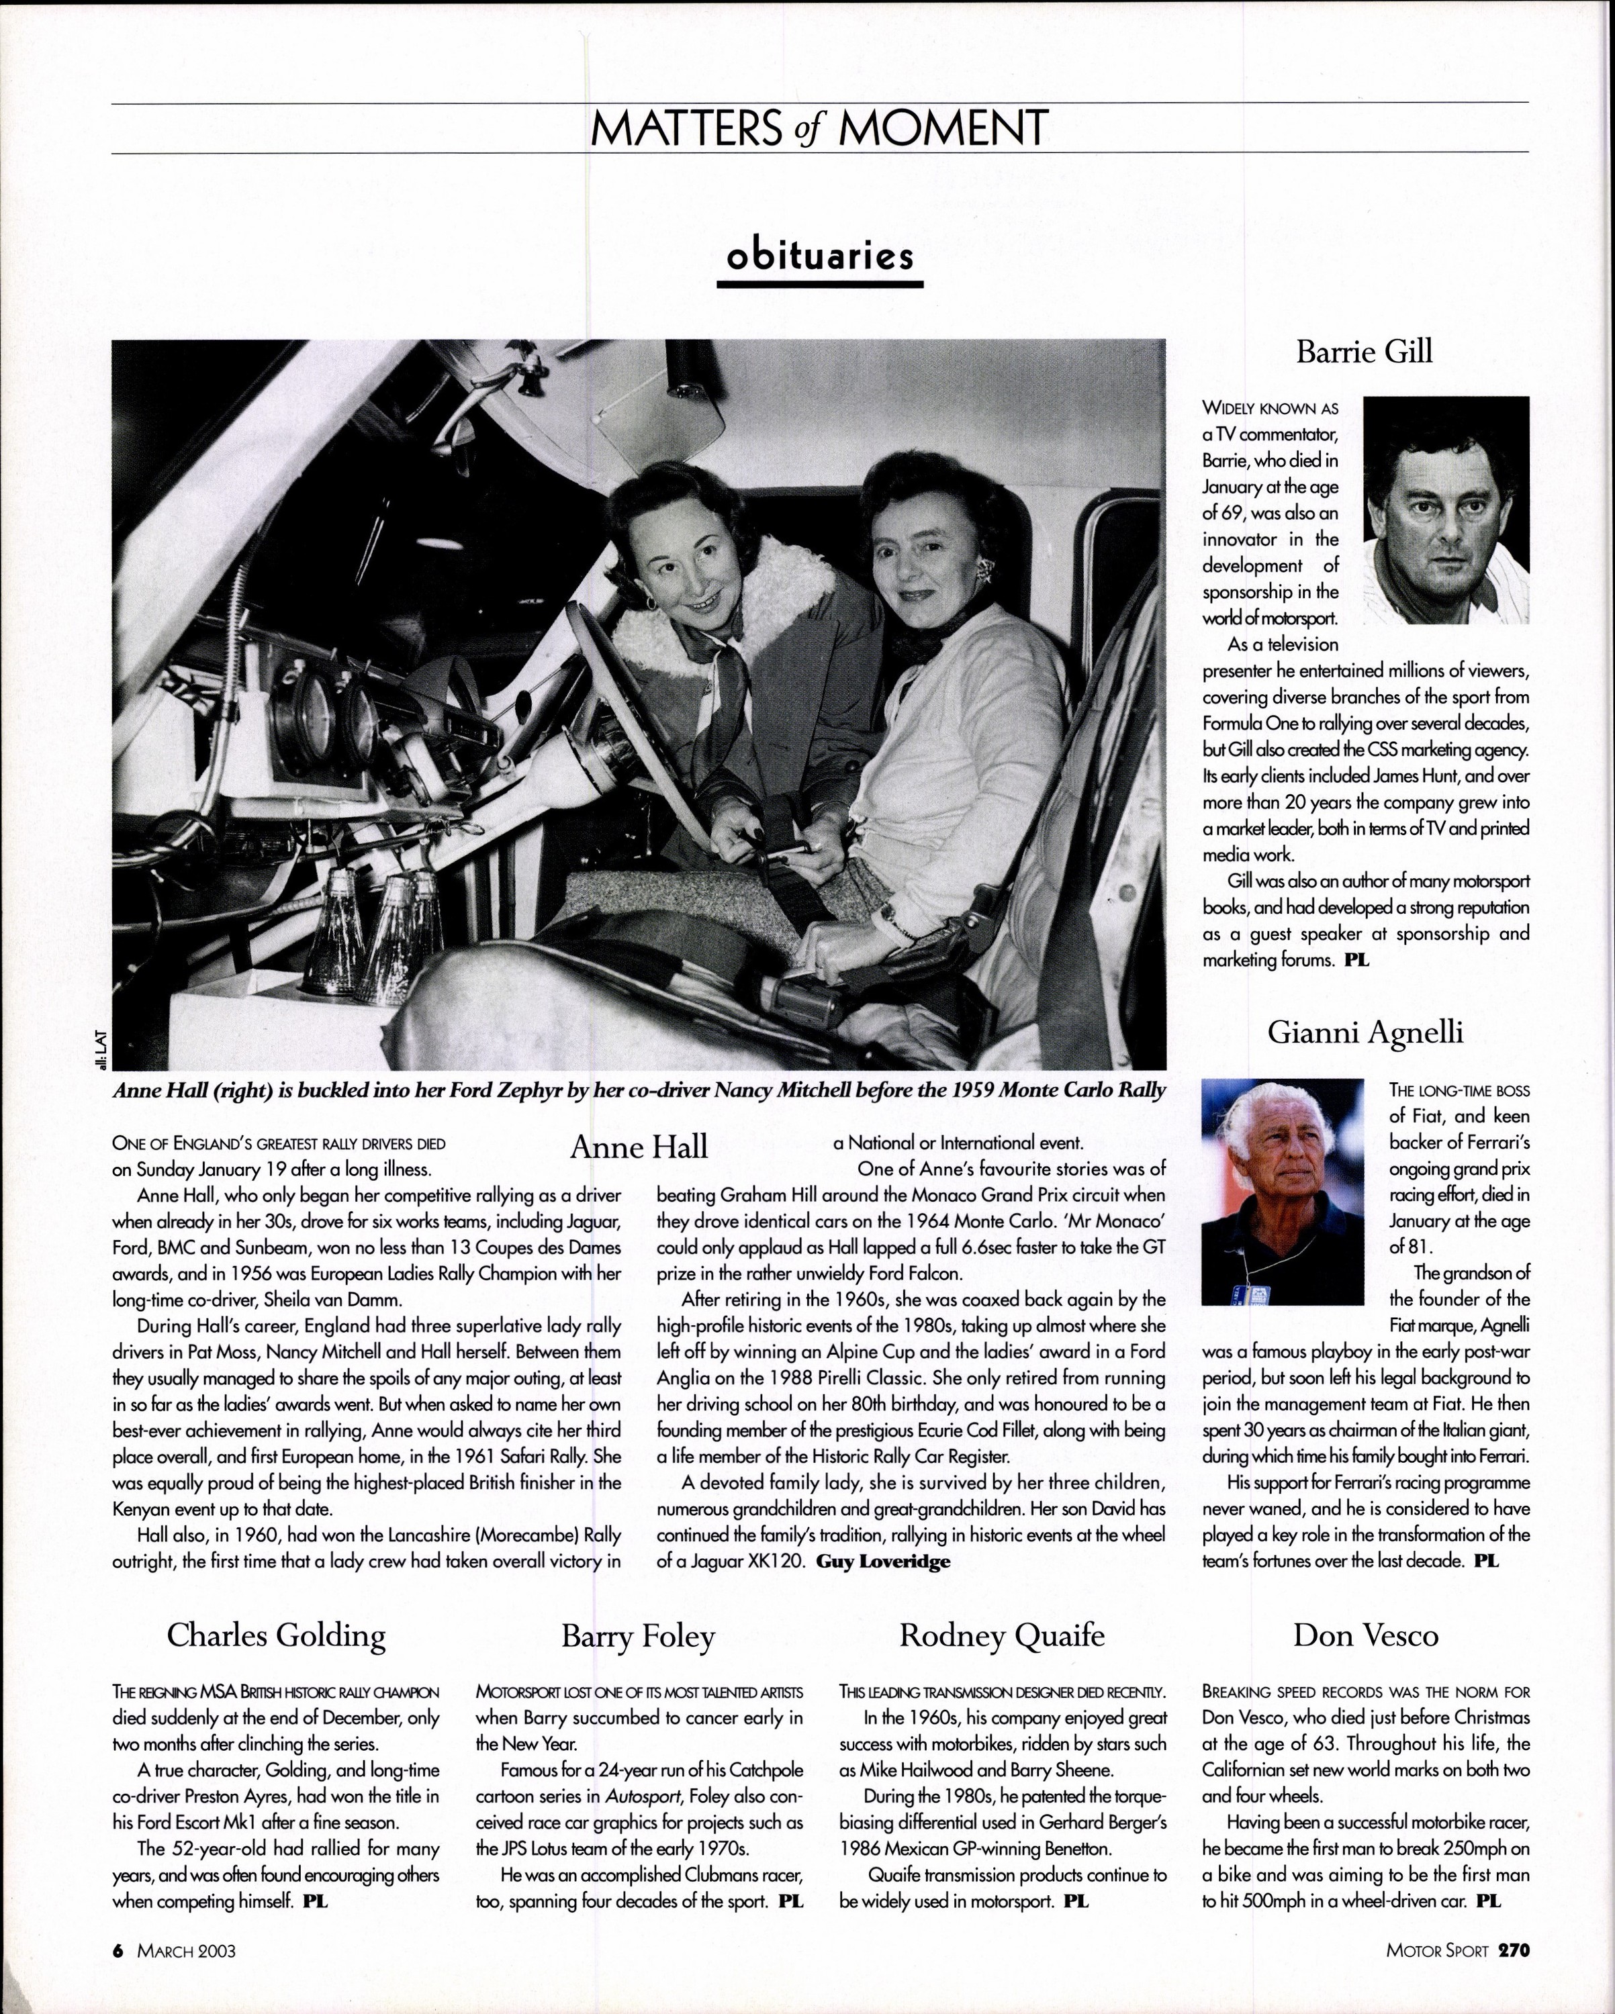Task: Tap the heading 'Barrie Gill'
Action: [x=1364, y=352]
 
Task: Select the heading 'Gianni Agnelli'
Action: [x=1365, y=1033]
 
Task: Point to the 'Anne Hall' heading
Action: [x=639, y=1147]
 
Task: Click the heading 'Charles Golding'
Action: [x=276, y=1635]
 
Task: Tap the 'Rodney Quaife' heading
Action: [x=1002, y=1635]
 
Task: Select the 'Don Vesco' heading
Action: [x=1365, y=1635]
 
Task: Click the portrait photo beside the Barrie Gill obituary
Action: [x=1446, y=510]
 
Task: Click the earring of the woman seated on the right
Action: [x=990, y=573]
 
